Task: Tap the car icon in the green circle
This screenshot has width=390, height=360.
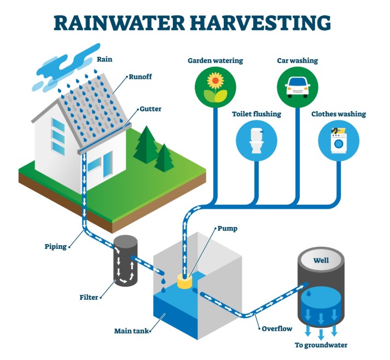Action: click(297, 88)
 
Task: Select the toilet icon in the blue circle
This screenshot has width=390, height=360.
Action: click(255, 141)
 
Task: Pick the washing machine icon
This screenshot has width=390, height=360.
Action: click(339, 141)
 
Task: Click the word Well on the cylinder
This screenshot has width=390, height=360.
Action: click(321, 260)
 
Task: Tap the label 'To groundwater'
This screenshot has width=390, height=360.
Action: click(321, 345)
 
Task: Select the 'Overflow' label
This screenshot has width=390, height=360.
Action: click(276, 329)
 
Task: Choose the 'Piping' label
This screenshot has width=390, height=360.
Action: click(56, 246)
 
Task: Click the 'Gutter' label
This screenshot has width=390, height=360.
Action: click(150, 109)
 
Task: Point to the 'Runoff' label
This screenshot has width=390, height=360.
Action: click(140, 77)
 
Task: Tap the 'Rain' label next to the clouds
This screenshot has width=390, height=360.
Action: click(104, 59)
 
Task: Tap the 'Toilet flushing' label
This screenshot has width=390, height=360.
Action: click(257, 114)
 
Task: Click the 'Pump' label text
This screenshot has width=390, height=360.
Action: click(228, 228)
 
